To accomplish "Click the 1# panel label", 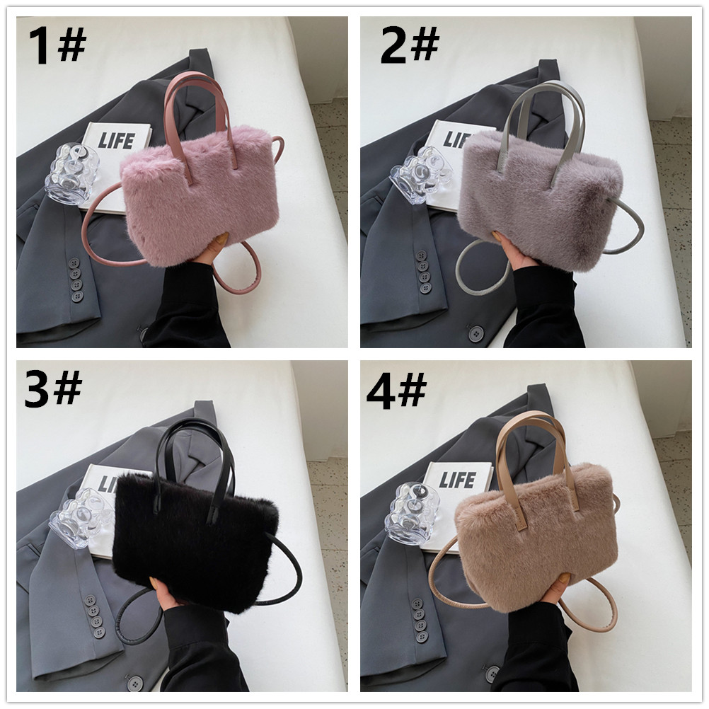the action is point(57,45).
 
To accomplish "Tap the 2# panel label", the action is point(410,45).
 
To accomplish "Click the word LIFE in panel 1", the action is point(117,141).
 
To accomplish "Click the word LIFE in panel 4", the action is point(457,479).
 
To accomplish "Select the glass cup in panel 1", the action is point(72,174).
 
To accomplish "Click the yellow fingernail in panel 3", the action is point(160,586).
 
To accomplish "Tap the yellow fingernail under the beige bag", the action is point(565,578).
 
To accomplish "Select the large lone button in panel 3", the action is point(134,683).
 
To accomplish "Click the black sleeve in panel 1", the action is point(190,308).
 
